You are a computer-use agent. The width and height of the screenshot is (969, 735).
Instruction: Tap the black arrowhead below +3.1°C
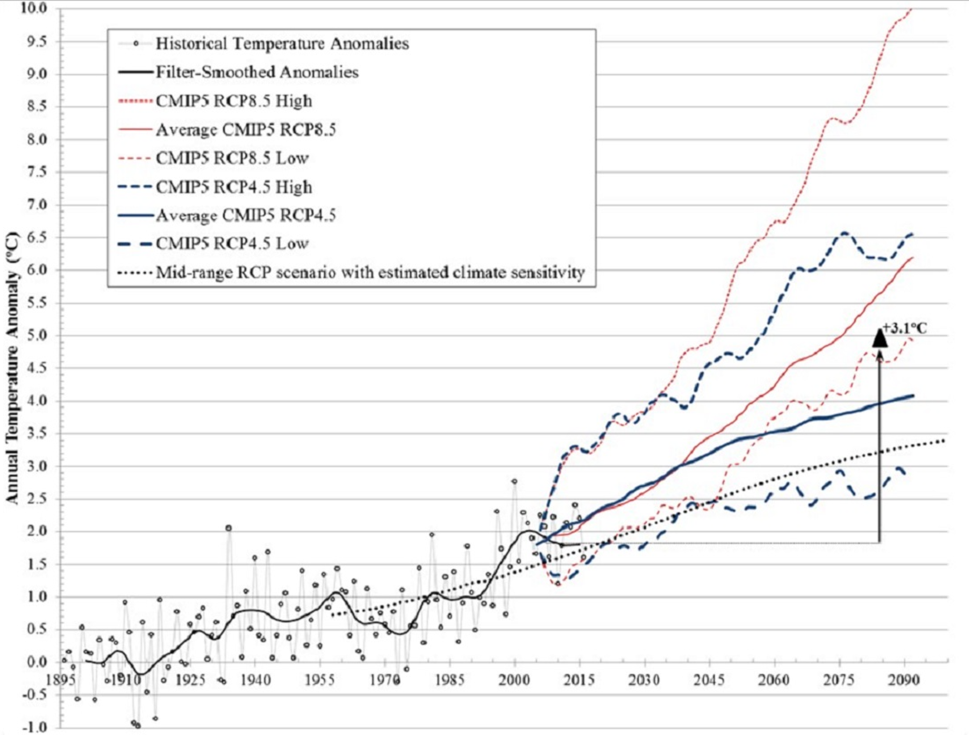tap(880, 338)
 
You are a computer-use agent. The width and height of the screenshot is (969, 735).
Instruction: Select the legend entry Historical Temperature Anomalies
tap(282, 44)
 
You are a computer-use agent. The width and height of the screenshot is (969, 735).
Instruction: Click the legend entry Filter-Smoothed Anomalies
tap(257, 72)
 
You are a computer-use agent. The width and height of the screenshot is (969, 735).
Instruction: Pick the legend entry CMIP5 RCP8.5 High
tap(234, 101)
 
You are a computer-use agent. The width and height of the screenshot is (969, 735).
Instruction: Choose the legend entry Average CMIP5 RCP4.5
tap(245, 215)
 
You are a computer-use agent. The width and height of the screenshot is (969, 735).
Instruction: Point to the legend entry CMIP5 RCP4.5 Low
tap(232, 244)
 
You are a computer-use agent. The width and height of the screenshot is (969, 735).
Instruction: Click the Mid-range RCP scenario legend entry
tap(370, 272)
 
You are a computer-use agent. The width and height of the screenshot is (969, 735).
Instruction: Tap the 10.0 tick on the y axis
tap(34, 8)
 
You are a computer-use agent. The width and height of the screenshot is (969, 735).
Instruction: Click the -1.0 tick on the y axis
tap(34, 727)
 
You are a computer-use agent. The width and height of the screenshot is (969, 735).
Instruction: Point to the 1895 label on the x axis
tap(62, 680)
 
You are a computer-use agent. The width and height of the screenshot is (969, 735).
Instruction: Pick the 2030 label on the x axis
tap(644, 680)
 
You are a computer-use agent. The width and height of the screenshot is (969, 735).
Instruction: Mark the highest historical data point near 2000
tap(514, 482)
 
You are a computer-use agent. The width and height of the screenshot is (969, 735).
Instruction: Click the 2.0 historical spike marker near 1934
tap(229, 528)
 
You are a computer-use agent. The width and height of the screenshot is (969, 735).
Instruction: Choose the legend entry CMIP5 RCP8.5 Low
tap(232, 158)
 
